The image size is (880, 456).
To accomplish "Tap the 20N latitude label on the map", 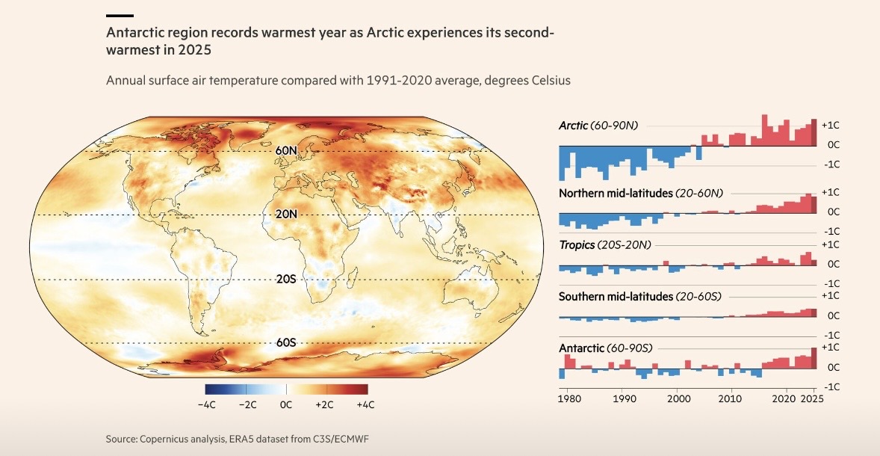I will (x=287, y=215).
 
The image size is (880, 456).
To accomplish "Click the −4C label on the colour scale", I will (x=206, y=405).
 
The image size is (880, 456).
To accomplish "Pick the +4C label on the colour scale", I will (x=365, y=405).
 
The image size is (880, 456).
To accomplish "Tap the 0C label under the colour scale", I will (x=286, y=405).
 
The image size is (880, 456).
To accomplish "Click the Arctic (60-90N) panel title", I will (x=597, y=125).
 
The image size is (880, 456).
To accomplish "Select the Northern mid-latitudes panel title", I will (x=640, y=194).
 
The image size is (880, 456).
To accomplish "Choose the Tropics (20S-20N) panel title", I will (x=605, y=245).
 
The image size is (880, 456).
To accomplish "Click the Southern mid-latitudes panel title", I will (x=639, y=297).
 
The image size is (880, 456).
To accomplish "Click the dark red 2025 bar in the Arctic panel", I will (x=814, y=133).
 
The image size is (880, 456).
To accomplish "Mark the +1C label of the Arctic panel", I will (x=831, y=125).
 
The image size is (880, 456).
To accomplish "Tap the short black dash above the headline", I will (x=120, y=15).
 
